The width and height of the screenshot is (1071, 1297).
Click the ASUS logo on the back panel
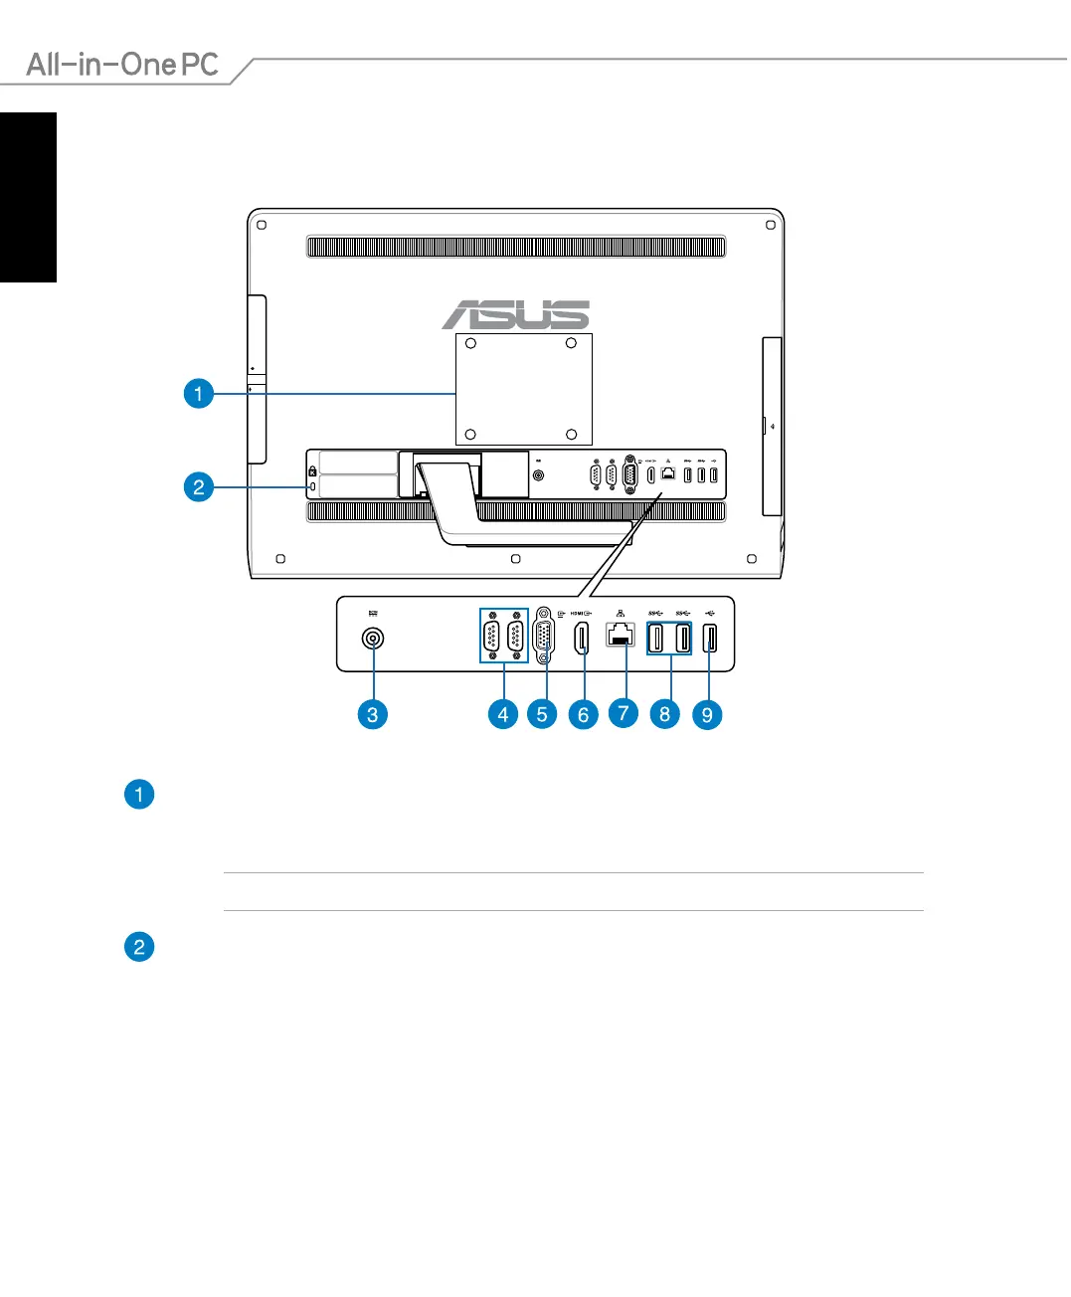click(516, 314)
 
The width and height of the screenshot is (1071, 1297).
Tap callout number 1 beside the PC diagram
click(199, 394)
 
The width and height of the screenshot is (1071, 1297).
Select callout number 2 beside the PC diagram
click(199, 486)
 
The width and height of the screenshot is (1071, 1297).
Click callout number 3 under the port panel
click(372, 714)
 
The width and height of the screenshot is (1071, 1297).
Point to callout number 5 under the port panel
click(542, 714)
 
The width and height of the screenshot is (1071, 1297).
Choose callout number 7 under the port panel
click(624, 713)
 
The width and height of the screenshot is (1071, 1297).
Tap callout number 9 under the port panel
click(707, 714)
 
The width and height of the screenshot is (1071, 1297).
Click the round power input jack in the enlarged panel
click(373, 639)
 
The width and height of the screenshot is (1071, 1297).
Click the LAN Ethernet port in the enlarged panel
click(621, 635)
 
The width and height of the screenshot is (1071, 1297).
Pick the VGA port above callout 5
click(544, 637)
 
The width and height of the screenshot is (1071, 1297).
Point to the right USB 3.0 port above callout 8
click(682, 637)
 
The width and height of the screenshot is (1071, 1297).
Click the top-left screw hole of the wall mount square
click(471, 344)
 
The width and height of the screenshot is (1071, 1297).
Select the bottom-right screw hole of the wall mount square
click(571, 435)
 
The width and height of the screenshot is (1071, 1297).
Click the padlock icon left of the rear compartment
click(312, 470)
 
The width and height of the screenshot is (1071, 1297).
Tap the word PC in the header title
click(199, 65)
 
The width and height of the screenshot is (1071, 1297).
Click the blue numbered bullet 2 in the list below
click(139, 947)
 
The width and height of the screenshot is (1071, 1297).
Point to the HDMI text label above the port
click(577, 614)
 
